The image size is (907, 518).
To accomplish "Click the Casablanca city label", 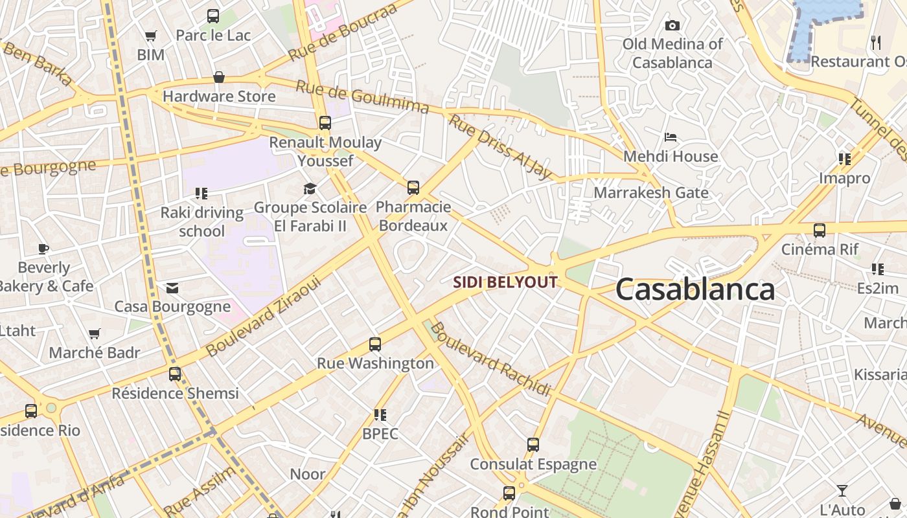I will (x=695, y=289).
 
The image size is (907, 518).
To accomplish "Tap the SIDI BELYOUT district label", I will (x=505, y=282).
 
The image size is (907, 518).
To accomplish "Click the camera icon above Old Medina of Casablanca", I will (x=672, y=25).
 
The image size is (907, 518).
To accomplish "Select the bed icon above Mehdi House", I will (x=671, y=137).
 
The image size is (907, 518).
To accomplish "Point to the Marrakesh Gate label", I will (x=651, y=192).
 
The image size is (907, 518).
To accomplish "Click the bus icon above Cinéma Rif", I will (x=820, y=230).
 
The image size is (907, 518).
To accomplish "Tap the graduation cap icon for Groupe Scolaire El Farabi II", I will (x=310, y=188).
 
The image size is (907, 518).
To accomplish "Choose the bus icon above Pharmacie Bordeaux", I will (x=413, y=188).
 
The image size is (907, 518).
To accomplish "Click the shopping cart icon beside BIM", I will (x=151, y=36).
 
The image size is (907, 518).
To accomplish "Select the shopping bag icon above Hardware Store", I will (x=219, y=77).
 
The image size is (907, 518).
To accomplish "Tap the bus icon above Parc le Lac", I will (x=213, y=16).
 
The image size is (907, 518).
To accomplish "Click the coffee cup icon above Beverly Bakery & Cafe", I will (x=43, y=248).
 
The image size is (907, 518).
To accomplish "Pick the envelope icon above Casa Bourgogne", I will (x=172, y=287).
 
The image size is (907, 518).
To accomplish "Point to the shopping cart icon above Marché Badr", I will (x=95, y=334).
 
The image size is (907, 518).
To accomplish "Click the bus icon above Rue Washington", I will (x=375, y=344).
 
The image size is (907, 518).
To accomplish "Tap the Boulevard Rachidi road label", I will (x=490, y=359).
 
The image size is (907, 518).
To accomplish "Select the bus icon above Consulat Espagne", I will (x=533, y=445).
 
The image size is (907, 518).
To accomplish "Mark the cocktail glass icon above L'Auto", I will (x=842, y=490).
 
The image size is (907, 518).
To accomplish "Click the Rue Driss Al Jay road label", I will (x=501, y=147).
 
